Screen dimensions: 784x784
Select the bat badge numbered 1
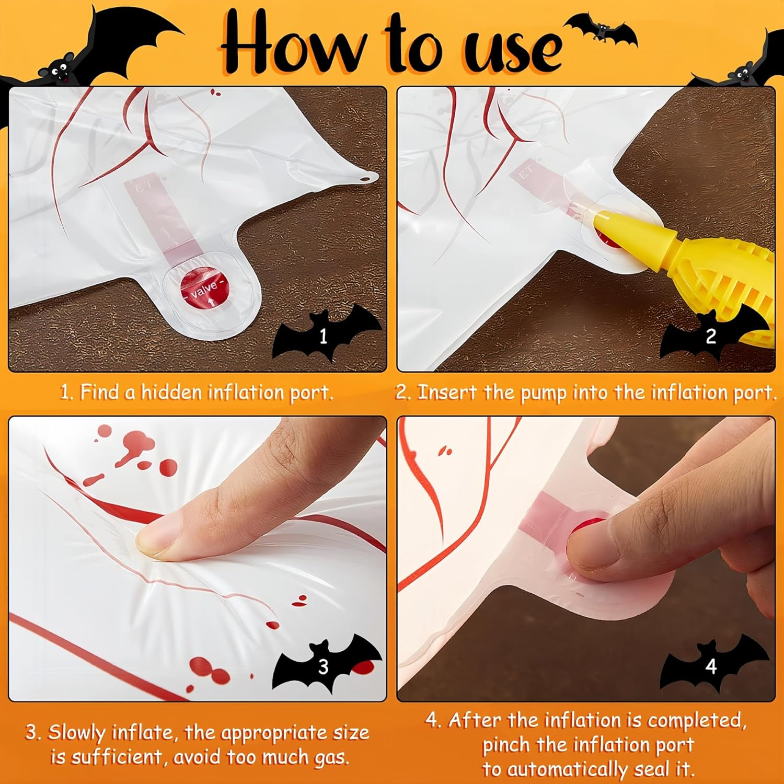[x=324, y=335]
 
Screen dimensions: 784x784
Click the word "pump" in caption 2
[x=544, y=393]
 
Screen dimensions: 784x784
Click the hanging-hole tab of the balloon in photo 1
[x=368, y=178]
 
